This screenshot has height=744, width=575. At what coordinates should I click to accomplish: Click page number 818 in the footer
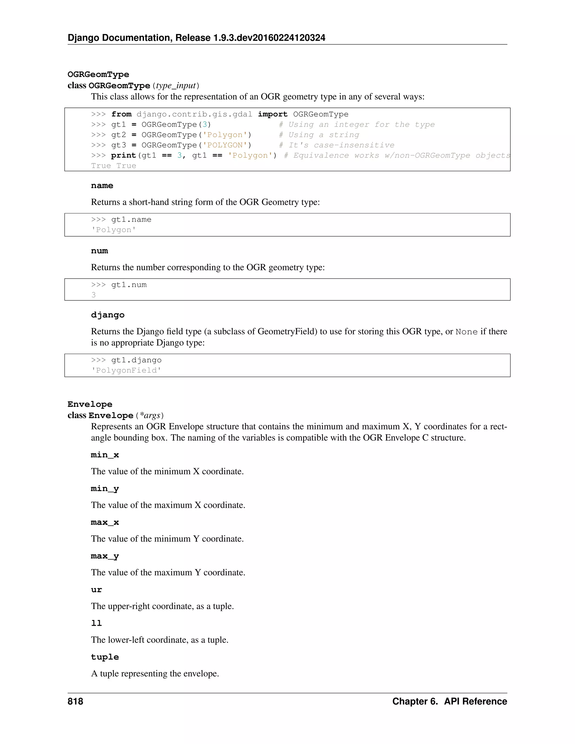point(75,701)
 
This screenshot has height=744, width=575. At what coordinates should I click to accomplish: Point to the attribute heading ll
point(96,623)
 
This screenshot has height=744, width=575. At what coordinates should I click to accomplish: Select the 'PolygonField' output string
point(126,370)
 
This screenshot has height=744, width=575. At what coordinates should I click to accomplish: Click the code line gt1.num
point(129,285)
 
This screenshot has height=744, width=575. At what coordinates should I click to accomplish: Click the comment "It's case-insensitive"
point(337,145)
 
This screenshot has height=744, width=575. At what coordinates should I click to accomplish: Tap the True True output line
point(113,166)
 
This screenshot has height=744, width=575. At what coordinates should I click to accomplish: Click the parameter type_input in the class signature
point(176,86)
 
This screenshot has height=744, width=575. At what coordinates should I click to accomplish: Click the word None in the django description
point(466,332)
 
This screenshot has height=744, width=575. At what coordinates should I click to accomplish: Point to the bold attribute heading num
point(99,251)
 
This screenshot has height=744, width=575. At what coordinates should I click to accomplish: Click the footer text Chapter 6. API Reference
point(449,701)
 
